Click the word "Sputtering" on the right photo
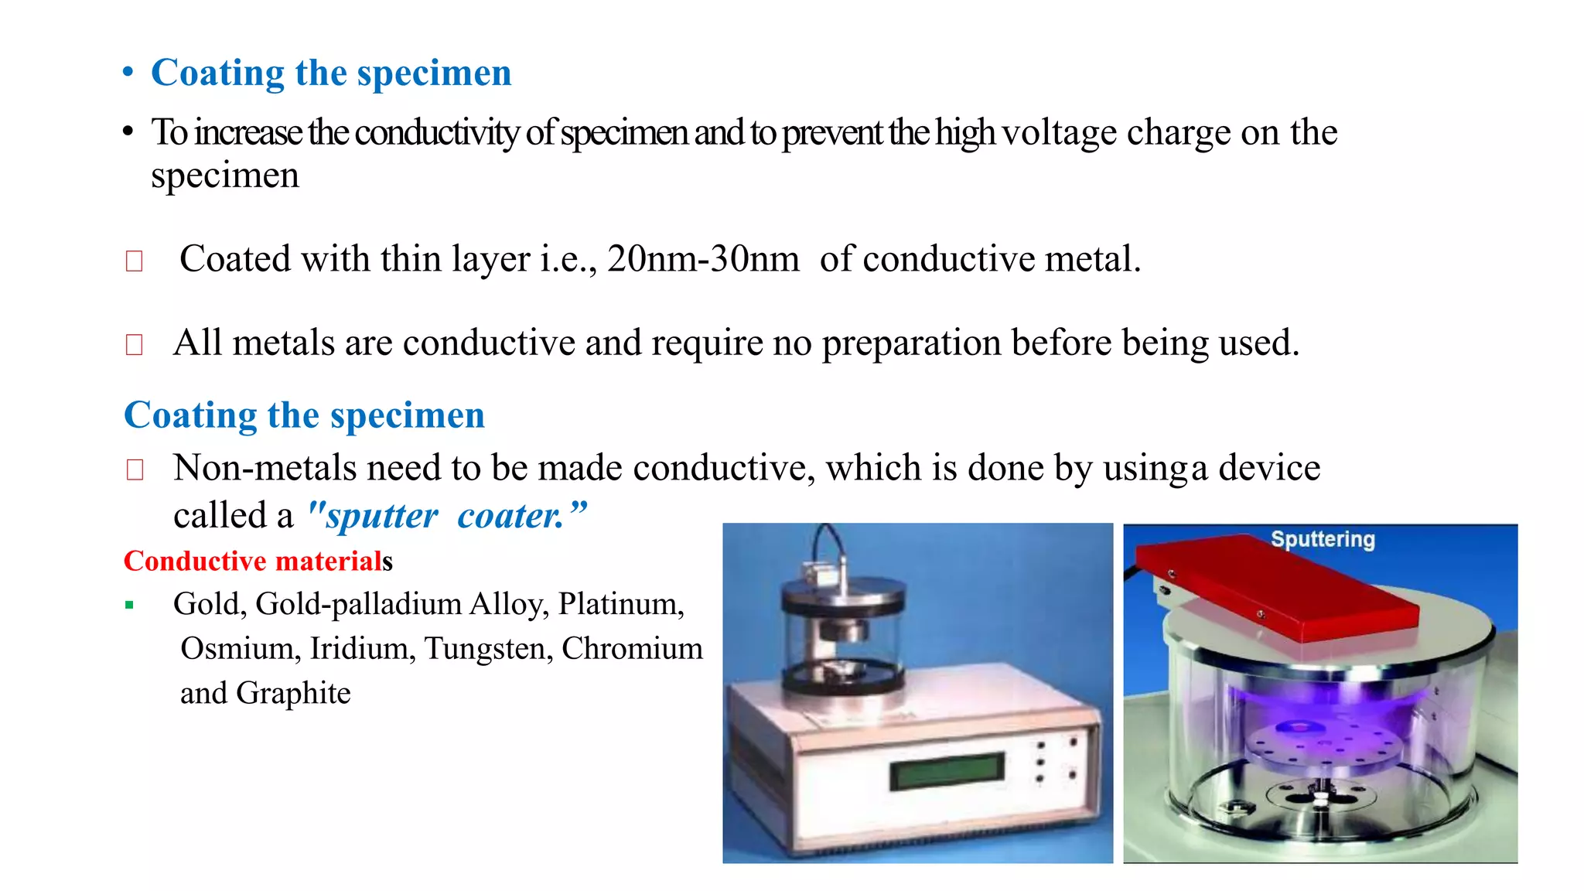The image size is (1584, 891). pyautogui.click(x=1323, y=539)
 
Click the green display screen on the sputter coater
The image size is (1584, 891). pyautogui.click(x=947, y=770)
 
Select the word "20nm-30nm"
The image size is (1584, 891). pyautogui.click(x=703, y=259)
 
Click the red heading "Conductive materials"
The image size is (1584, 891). pyautogui.click(x=258, y=561)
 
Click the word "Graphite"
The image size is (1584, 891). pyautogui.click(x=293, y=694)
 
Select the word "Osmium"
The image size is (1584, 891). pyautogui.click(x=240, y=649)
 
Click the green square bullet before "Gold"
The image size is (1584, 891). pyautogui.click(x=130, y=606)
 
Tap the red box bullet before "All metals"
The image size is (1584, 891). pyautogui.click(x=135, y=344)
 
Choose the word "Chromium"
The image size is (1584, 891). pyautogui.click(x=632, y=649)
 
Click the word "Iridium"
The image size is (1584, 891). pyautogui.click(x=363, y=649)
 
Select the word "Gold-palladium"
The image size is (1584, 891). pyautogui.click(x=357, y=604)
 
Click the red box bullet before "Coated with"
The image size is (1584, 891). pyautogui.click(x=135, y=261)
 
